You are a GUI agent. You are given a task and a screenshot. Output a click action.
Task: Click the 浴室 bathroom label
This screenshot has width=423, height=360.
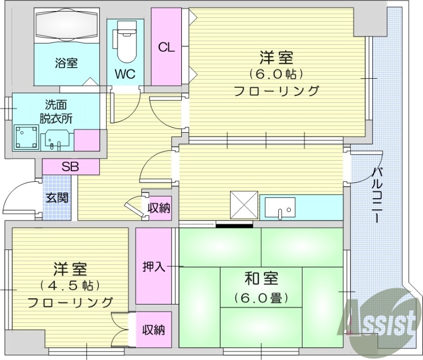coord(67,63)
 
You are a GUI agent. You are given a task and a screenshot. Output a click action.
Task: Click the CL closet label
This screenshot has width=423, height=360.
coord(167,47)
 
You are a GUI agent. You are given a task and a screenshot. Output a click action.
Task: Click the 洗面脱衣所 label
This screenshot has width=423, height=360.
coord(56,111)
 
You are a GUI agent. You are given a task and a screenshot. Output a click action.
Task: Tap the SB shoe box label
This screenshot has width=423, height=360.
coord(70,167)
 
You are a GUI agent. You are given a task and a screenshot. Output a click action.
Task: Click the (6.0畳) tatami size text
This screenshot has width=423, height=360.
coord(261,298)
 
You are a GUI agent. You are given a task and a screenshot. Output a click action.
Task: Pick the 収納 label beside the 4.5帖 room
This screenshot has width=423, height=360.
coord(154,330)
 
